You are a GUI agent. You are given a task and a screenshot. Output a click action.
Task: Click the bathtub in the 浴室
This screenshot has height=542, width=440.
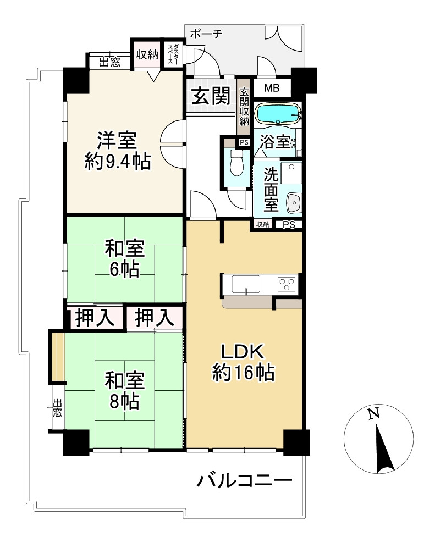tap(278, 114)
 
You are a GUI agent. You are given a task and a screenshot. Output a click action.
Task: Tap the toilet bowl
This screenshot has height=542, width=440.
tap(237, 163)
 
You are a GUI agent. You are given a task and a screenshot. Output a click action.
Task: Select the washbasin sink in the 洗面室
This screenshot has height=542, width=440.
tap(294, 203)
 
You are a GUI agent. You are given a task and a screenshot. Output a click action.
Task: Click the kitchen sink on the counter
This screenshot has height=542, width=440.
tap(246, 285)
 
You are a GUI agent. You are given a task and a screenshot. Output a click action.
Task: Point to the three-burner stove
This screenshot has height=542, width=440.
tap(287, 285)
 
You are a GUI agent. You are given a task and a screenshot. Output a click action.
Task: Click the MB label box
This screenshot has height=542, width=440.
tap(272, 88)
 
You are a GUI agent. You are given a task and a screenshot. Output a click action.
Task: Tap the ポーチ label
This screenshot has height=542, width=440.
tap(206, 34)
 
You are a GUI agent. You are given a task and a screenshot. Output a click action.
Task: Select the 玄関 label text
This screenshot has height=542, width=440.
tap(211, 96)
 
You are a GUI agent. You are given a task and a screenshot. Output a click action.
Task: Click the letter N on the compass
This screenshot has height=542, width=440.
tap(373, 413)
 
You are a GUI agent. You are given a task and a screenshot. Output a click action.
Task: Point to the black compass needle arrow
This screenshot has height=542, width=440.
tap(384, 450)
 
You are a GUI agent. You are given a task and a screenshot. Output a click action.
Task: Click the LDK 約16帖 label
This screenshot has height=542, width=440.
tap(244, 362)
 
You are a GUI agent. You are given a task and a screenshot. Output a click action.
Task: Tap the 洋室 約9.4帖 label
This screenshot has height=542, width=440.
tap(118, 151)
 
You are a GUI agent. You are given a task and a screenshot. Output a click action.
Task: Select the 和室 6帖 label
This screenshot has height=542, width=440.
tap(124, 258)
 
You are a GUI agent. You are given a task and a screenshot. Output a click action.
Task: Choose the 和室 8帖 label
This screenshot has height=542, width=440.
tap(124, 391)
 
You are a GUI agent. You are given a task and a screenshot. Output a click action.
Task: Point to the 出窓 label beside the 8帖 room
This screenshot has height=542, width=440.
tap(57, 408)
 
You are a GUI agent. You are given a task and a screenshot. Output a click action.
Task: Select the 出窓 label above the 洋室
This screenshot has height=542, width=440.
tap(110, 63)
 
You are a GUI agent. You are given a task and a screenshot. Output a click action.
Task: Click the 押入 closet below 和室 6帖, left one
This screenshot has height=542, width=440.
tap(95, 318)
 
